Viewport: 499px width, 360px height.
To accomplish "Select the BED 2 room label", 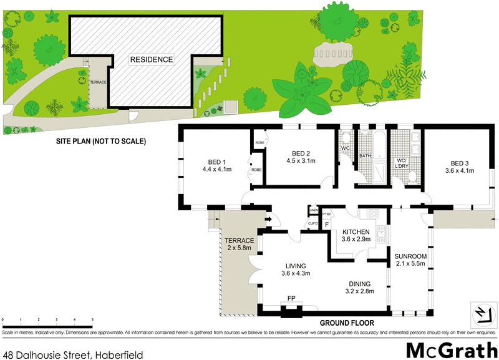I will click(301, 153).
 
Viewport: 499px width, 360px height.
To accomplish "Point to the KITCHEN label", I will click(356, 232).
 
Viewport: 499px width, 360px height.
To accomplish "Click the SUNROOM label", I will click(410, 256).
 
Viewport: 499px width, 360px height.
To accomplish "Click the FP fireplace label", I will click(291, 299).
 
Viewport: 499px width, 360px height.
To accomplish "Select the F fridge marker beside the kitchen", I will click(326, 223).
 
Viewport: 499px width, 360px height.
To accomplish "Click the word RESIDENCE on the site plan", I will click(151, 59).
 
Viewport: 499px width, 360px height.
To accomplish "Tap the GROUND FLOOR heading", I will click(347, 323).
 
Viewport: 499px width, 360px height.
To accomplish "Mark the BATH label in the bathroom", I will click(366, 156).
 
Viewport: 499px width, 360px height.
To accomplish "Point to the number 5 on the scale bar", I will click(92, 319).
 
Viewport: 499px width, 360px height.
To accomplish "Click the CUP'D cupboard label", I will click(313, 224).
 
